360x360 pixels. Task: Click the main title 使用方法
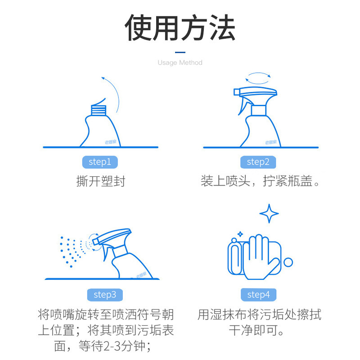(x=180, y=28)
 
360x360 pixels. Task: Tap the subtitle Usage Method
(x=180, y=63)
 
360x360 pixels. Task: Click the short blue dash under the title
(x=180, y=52)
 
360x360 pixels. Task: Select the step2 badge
(x=258, y=162)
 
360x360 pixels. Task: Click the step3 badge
(x=105, y=295)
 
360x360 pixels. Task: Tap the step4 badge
(x=258, y=295)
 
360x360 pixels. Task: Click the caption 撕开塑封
(x=100, y=181)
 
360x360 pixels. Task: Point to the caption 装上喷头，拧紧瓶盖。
(x=260, y=181)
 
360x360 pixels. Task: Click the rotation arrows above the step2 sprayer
(x=259, y=78)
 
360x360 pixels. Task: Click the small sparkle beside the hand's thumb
(x=240, y=234)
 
